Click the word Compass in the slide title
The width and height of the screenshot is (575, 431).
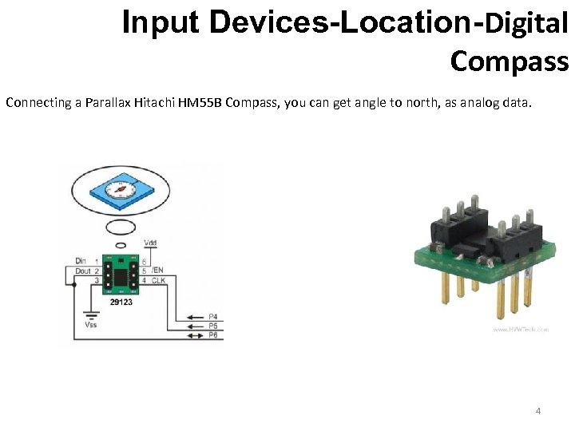[x=509, y=60]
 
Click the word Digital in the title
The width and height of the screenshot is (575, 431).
[x=526, y=24]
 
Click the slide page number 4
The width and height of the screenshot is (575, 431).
[x=538, y=411]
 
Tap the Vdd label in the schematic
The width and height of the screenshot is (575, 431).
[x=150, y=243]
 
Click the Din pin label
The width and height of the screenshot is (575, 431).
[x=81, y=261]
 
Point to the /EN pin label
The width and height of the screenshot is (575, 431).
[x=157, y=271]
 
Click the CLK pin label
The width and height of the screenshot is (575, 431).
[x=158, y=280]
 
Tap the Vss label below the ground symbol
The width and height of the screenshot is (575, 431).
[x=92, y=325]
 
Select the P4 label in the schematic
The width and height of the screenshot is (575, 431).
[x=212, y=318]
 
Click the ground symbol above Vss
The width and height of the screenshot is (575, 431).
[x=92, y=312]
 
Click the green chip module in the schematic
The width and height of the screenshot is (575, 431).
[x=121, y=275]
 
